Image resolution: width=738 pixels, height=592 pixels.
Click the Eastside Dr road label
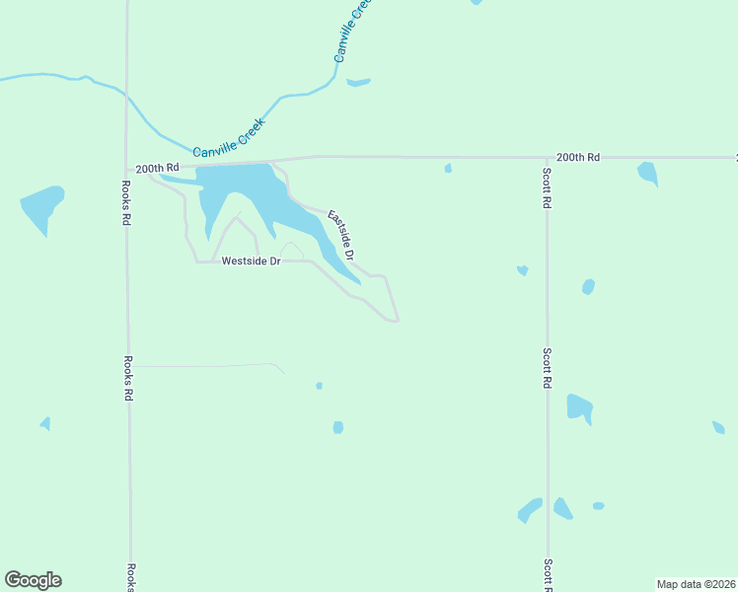340,234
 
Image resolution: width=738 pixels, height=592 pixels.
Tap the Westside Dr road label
252,261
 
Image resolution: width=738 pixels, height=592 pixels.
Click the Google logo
33,580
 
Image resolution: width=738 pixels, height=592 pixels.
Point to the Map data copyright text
697,584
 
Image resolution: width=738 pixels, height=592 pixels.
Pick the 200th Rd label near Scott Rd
577,157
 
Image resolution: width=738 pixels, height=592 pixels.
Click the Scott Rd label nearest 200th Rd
547,187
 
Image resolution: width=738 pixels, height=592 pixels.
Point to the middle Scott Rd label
547,367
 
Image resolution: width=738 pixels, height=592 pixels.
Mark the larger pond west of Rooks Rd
41,207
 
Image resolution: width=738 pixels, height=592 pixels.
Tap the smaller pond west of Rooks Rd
45,423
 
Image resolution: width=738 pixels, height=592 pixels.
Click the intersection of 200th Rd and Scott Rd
547,157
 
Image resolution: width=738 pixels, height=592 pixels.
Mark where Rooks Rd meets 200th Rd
127,166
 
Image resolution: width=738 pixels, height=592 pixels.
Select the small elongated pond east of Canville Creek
358,82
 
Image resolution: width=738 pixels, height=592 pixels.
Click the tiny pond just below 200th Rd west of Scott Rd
448,169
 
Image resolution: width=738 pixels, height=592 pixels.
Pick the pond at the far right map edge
718,427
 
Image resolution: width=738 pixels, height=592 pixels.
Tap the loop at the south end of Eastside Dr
394,318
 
